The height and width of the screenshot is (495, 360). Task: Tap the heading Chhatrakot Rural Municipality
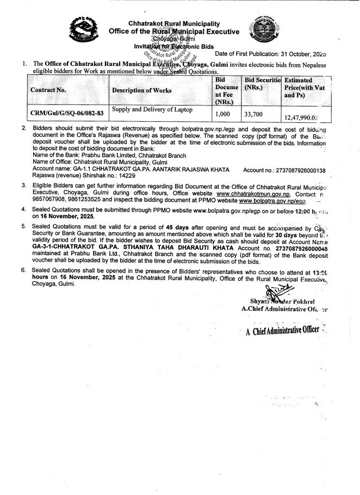coord(174,24)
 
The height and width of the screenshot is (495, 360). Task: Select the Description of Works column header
coord(141,90)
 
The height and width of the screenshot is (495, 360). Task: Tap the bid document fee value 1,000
coord(224,114)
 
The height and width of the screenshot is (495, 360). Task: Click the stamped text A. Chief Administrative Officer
coord(282,332)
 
